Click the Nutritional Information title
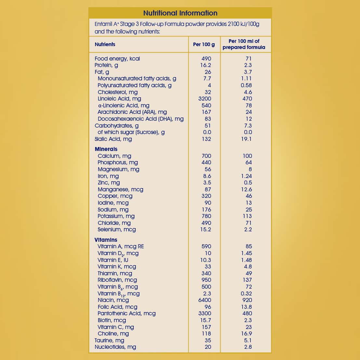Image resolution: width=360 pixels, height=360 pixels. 180,13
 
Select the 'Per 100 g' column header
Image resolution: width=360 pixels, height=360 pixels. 204,44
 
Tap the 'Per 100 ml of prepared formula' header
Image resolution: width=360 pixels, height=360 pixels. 244,44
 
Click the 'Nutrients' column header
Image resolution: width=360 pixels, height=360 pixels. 105,44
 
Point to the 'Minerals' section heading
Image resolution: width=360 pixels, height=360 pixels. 106,149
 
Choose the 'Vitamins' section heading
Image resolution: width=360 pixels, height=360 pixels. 106,240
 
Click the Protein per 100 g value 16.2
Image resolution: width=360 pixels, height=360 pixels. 206,65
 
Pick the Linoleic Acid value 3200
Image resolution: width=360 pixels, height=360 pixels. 205,99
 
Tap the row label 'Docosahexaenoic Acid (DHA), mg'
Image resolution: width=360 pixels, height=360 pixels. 140,119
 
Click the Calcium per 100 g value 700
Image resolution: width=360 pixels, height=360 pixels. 206,156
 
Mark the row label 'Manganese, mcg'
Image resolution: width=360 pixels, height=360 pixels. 120,189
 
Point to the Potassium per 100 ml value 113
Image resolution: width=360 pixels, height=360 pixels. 247,216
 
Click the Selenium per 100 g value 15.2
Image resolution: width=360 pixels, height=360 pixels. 206,229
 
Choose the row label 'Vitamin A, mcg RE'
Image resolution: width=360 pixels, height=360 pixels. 121,246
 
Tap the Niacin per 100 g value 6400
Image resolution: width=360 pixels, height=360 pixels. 205,300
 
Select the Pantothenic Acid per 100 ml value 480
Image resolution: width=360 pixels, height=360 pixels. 247,313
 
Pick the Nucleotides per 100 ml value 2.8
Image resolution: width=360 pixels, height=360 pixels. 248,347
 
